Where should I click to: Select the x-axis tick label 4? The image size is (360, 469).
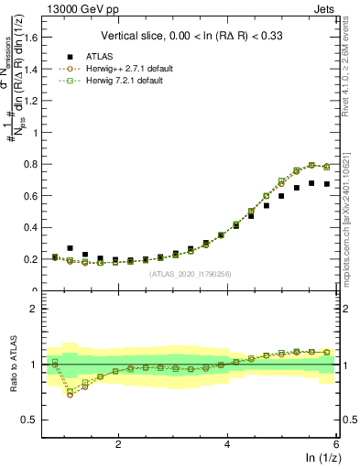point(227,443)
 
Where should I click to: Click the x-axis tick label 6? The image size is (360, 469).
point(336,443)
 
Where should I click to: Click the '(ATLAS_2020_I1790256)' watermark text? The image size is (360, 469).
point(190,273)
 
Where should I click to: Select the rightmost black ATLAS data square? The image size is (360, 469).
point(327,184)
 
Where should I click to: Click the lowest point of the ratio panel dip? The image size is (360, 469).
point(71,392)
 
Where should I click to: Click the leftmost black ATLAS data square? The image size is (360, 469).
point(55,257)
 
